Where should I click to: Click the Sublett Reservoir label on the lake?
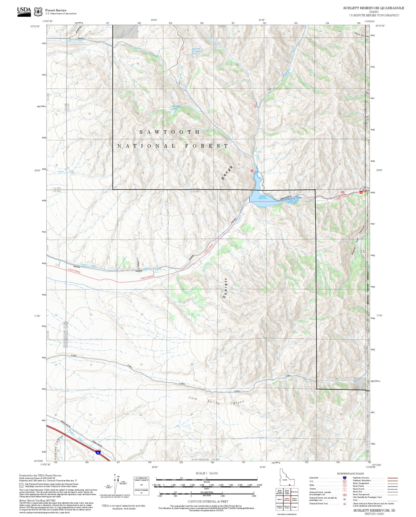pos(263,197)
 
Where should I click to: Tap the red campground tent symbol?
pos(361,192)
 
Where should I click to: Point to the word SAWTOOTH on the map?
pos(170,132)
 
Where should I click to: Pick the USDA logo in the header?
pos(24,11)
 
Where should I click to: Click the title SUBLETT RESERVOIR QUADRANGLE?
pos(373,8)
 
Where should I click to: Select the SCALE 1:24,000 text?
pos(207,473)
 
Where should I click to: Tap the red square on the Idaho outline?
pos(289,485)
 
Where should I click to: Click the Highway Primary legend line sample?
pos(393,478)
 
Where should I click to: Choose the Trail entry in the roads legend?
pos(355,500)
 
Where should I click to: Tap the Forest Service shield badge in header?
pos(38,12)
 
